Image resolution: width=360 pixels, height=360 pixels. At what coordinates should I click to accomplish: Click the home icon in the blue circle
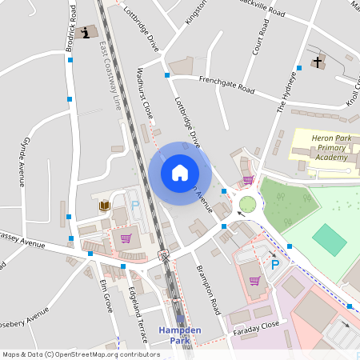pos(180,172)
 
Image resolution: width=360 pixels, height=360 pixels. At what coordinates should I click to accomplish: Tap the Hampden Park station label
pos(179,334)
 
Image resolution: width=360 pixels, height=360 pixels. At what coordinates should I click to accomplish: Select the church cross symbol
pos(317,62)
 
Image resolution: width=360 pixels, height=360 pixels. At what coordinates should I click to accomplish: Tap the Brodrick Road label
pos(71,28)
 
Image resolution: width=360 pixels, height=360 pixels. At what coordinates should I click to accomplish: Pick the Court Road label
pos(258,38)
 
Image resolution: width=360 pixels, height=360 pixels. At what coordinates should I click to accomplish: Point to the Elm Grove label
pos(105,294)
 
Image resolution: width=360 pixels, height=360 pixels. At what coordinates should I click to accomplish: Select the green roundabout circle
pos(247,205)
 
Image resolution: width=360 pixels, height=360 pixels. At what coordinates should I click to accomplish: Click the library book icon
pos(104,206)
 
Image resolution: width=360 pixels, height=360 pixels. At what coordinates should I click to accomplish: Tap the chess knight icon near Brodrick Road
pos(85,32)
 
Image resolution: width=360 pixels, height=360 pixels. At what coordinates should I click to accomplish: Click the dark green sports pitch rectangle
pos(329,239)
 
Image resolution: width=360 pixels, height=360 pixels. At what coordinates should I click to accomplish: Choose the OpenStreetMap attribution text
pos(81,354)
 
